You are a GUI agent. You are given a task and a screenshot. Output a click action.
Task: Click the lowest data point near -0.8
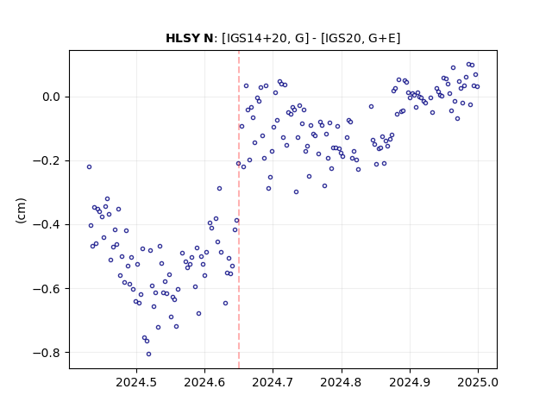(148, 354)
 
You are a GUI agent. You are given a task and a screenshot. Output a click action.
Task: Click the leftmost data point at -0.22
(89, 166)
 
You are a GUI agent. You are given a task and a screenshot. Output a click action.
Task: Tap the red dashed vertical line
(239, 210)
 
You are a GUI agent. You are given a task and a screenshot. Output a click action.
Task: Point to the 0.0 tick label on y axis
(52, 97)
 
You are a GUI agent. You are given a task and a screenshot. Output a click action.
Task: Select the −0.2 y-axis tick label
(47, 161)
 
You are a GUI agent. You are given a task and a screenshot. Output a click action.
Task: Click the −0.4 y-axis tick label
(47, 224)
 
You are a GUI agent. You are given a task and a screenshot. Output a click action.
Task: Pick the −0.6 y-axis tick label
(47, 289)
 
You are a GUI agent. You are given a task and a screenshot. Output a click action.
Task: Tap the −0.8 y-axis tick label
(47, 353)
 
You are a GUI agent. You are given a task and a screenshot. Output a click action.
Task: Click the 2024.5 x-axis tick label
(136, 382)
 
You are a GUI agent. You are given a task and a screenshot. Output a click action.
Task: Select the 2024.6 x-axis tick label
(204, 382)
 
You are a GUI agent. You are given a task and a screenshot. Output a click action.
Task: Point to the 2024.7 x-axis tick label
(273, 382)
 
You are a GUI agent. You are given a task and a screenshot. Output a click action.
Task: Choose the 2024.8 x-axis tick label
(342, 382)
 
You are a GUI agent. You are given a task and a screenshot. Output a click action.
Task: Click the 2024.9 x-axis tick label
(410, 382)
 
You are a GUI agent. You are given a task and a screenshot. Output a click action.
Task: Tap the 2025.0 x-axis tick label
(478, 382)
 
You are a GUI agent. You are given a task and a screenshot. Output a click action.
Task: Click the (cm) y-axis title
(21, 210)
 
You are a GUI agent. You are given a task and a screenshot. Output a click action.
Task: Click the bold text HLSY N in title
(190, 38)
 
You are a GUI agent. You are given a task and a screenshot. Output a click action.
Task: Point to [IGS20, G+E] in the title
(361, 38)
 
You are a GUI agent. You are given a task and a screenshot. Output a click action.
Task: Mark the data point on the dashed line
(238, 163)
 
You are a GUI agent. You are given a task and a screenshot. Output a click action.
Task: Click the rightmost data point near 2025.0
(477, 86)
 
